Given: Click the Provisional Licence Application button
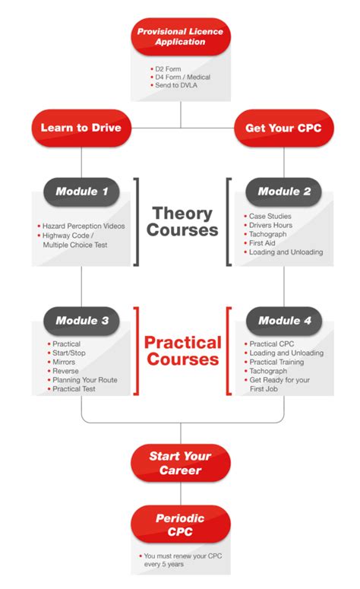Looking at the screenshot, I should click(x=180, y=36).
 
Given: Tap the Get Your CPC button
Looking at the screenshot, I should click(x=283, y=127).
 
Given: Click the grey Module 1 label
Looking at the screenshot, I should click(x=82, y=192).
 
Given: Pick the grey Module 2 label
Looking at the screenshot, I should click(x=284, y=192).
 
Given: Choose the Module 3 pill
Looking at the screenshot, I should click(x=82, y=321).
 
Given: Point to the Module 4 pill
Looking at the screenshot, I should click(x=284, y=321).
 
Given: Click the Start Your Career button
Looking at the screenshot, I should click(x=180, y=463).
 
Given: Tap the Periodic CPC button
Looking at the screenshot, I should click(x=180, y=524).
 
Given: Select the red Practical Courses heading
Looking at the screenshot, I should click(x=182, y=350).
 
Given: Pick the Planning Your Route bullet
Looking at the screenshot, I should click(x=84, y=380).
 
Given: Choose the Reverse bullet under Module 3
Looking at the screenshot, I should click(x=66, y=371).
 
